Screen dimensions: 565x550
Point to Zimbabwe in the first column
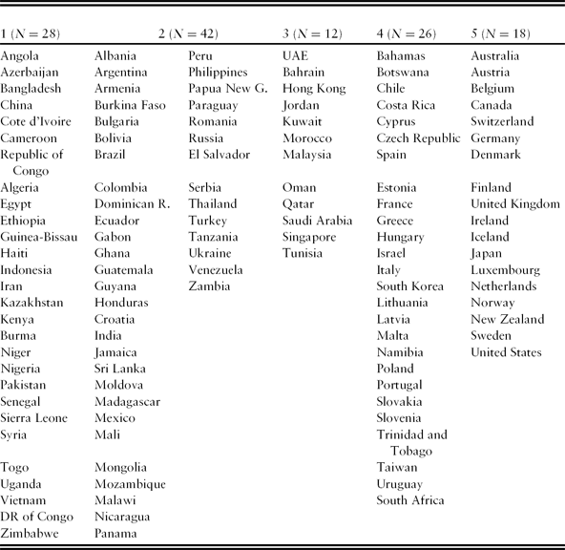(31, 533)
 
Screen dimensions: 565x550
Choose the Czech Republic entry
(418, 138)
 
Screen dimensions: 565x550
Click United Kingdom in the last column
(515, 204)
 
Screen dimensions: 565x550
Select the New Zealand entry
(506, 319)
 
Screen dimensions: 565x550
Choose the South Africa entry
(410, 500)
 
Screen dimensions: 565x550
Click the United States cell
(506, 352)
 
